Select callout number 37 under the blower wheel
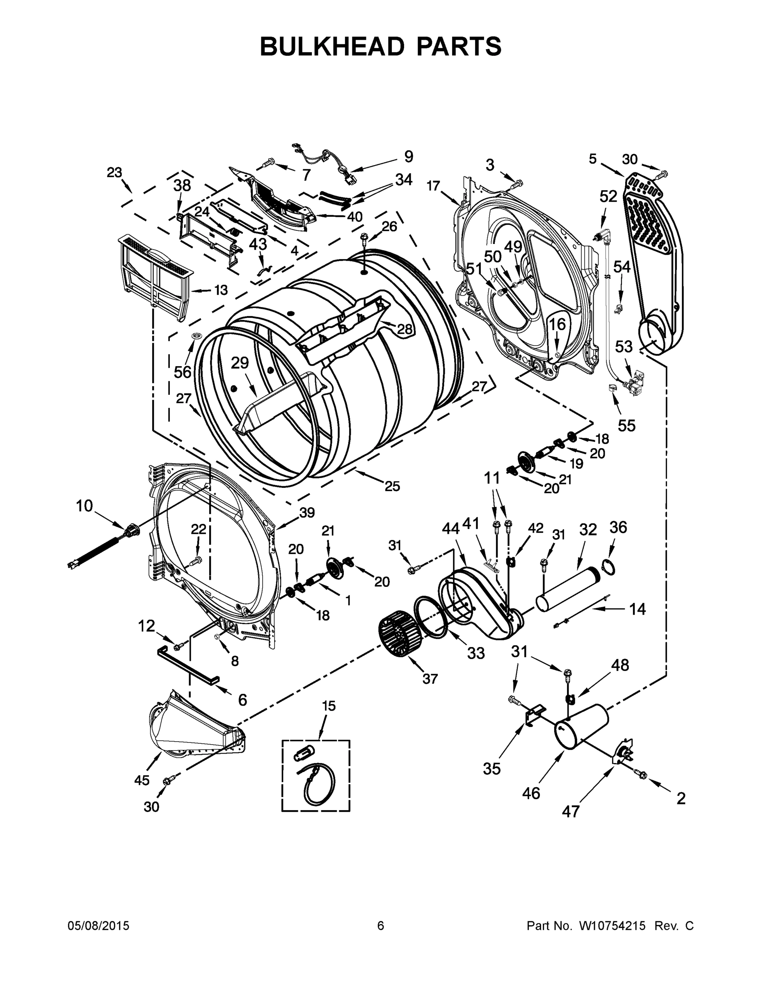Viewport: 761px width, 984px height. pyautogui.click(x=430, y=679)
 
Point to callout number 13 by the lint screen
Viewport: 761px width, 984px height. pyautogui.click(x=220, y=290)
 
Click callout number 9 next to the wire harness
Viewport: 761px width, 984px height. pyautogui.click(x=408, y=156)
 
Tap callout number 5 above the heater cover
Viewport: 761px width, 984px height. pyautogui.click(x=592, y=159)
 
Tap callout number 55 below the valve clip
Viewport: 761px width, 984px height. pyautogui.click(x=626, y=425)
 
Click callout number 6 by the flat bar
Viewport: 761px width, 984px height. pyautogui.click(x=242, y=700)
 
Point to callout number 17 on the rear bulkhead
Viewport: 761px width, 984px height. pyautogui.click(x=433, y=186)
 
